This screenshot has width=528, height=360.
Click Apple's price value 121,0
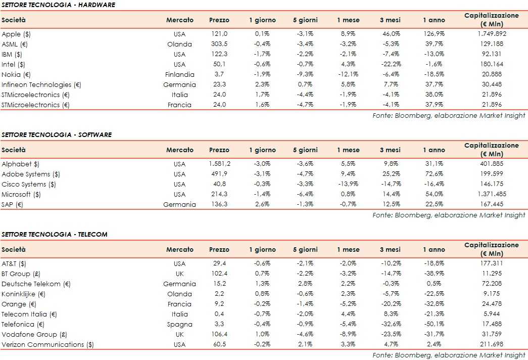pos(219,34)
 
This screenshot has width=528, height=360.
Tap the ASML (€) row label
pos(15,44)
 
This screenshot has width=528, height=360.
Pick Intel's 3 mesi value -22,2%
pos(390,64)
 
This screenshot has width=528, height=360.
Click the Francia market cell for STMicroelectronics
pos(179,105)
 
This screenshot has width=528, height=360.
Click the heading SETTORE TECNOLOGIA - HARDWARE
pos(58,5)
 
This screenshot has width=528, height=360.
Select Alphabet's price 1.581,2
pos(219,164)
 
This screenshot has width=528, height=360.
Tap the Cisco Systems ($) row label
pos(29,184)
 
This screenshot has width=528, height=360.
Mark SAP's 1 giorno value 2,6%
pos(262,204)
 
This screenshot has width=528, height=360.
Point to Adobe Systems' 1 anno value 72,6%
pos(434,174)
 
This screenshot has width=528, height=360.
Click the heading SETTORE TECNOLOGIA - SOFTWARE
pos(57,135)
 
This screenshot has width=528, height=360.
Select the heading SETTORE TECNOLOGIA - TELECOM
pos(55,235)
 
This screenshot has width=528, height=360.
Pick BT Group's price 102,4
pos(219,274)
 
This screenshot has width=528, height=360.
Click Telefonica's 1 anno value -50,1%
pos(434,324)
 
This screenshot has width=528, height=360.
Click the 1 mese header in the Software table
pos(348,150)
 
